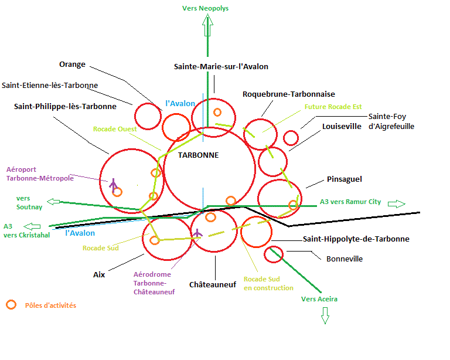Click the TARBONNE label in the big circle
point(198,155)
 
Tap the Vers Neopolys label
point(205,8)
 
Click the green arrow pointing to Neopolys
point(207,25)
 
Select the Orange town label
point(72,64)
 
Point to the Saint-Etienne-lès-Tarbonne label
point(50,85)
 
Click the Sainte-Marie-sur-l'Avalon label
point(221,67)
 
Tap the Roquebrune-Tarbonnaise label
point(289,94)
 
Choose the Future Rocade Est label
point(333,107)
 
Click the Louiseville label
point(342,126)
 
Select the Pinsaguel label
point(345,179)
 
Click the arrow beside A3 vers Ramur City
point(397,204)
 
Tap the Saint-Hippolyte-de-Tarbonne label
point(356,239)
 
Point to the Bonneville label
point(345,259)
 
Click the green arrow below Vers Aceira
point(325,315)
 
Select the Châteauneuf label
point(213,285)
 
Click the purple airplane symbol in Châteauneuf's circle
point(197,233)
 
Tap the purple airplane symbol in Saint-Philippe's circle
point(113,185)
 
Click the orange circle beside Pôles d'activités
point(11,305)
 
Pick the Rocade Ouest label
point(115,129)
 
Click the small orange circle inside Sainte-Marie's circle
point(217,112)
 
